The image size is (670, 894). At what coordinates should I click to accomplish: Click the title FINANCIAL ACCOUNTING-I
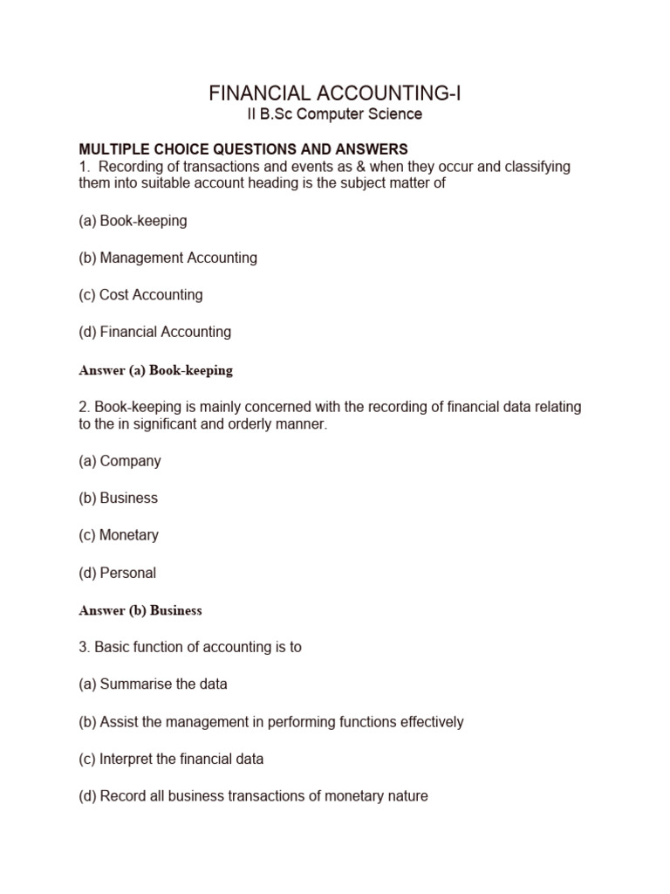pyautogui.click(x=335, y=93)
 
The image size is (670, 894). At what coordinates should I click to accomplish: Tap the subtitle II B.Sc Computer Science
pyautogui.click(x=335, y=114)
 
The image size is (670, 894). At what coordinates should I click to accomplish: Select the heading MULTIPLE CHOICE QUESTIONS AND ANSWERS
pyautogui.click(x=243, y=149)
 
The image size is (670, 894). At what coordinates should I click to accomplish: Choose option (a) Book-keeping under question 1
pyautogui.click(x=133, y=221)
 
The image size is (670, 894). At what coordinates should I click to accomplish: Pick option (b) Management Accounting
pyautogui.click(x=167, y=258)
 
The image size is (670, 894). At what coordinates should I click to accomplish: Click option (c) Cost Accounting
pyautogui.click(x=140, y=295)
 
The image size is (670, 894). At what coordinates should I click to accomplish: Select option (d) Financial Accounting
pyautogui.click(x=154, y=332)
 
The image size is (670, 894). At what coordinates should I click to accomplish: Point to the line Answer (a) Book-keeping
pyautogui.click(x=155, y=370)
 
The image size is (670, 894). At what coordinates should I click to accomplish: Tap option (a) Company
pyautogui.click(x=120, y=461)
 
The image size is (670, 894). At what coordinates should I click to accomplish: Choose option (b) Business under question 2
pyautogui.click(x=118, y=498)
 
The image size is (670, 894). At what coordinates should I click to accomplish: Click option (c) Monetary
pyautogui.click(x=119, y=535)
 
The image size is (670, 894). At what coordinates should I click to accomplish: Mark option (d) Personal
pyautogui.click(x=117, y=573)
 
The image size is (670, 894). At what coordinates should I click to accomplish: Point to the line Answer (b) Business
pyautogui.click(x=140, y=611)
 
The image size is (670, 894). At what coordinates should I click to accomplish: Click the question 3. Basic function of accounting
pyautogui.click(x=190, y=648)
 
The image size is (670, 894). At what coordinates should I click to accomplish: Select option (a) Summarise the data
pyautogui.click(x=153, y=684)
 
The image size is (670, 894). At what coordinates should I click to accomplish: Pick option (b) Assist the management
pyautogui.click(x=270, y=722)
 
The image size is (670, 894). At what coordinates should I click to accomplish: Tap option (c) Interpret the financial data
pyautogui.click(x=171, y=759)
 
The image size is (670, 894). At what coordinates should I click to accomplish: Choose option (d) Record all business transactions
pyautogui.click(x=253, y=796)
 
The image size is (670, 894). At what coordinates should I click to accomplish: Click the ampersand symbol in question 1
pyautogui.click(x=359, y=167)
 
